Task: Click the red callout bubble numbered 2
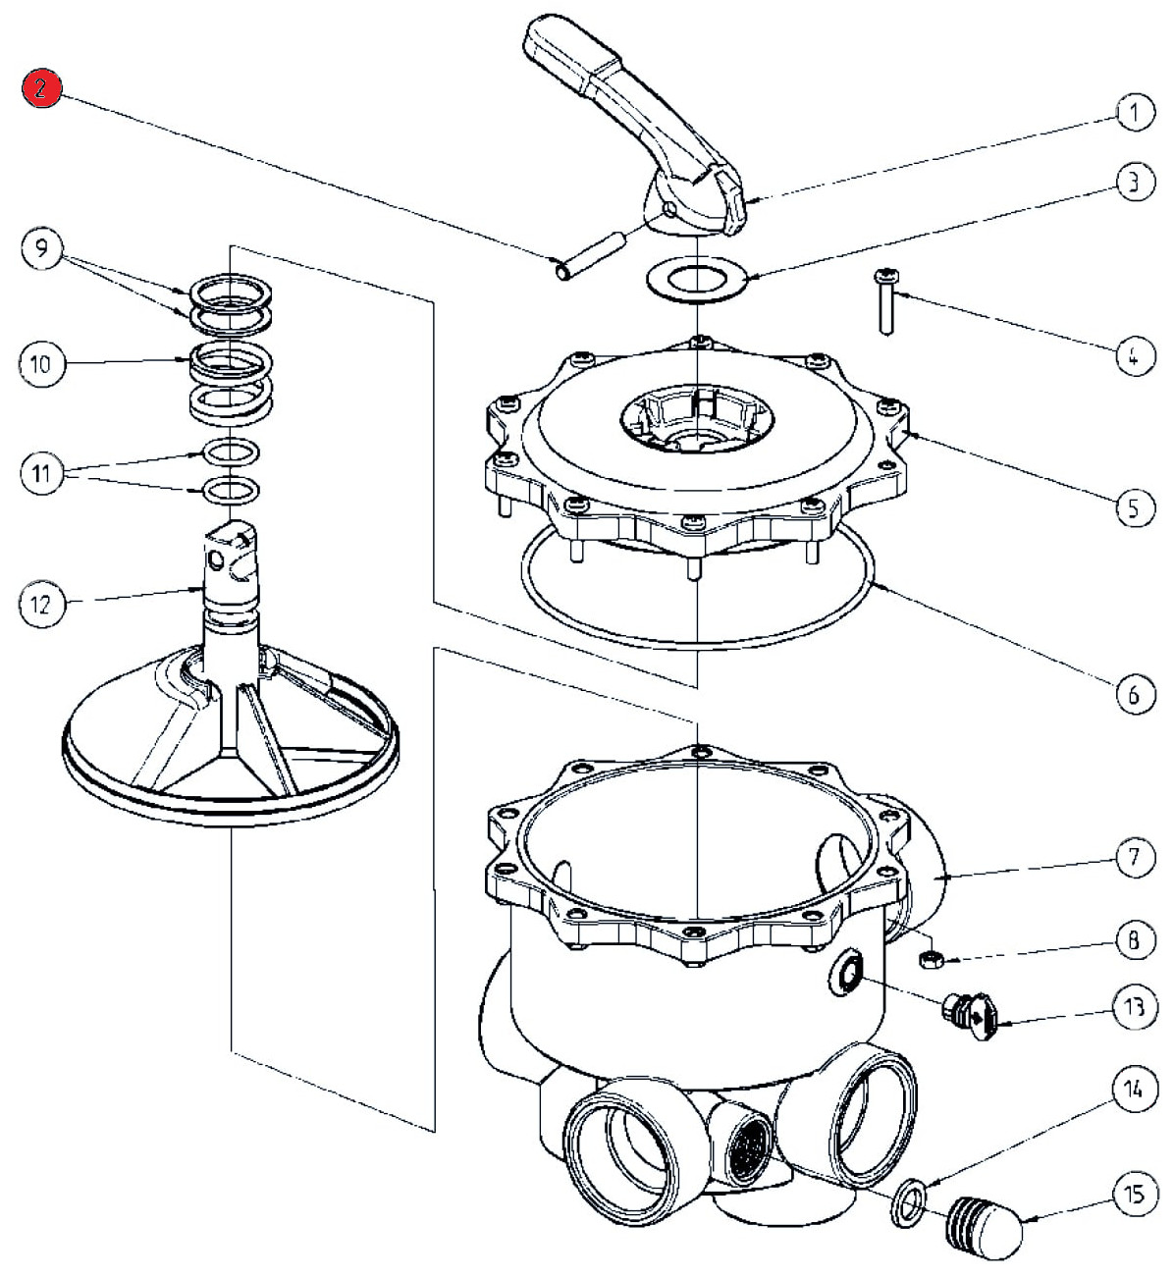coord(44,89)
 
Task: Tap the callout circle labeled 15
coord(1133,1195)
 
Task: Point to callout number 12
coord(42,604)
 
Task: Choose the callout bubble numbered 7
coord(1134,858)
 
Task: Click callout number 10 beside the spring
coord(41,364)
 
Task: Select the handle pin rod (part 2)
coord(592,251)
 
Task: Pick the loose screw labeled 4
coord(886,299)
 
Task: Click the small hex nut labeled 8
coord(934,957)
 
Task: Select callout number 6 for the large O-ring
coord(1133,694)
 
